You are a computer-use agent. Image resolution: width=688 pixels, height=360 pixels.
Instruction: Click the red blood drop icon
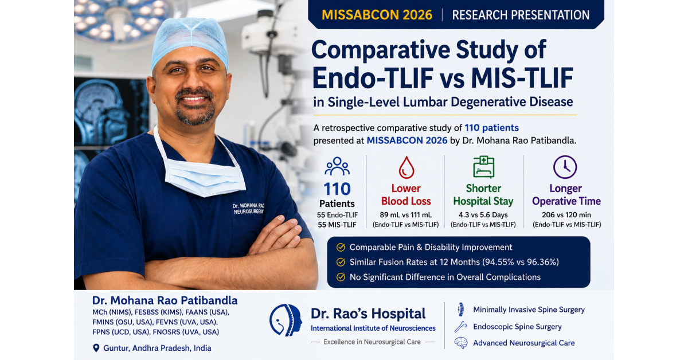click(x=406, y=167)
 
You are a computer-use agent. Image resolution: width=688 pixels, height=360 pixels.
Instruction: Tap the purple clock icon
click(x=565, y=167)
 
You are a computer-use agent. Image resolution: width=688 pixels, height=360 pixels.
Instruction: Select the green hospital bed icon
click(x=484, y=167)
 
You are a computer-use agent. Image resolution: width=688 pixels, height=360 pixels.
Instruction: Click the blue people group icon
click(x=337, y=166)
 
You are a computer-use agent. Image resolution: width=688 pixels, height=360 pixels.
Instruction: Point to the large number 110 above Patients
click(x=337, y=189)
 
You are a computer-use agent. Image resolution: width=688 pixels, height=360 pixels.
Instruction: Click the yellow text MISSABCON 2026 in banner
click(x=377, y=15)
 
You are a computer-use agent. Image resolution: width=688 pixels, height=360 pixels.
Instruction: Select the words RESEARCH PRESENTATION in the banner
click(x=521, y=15)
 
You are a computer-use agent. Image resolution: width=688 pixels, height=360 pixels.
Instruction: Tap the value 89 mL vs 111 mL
click(x=406, y=215)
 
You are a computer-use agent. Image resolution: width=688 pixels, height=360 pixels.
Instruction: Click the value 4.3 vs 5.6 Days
click(x=483, y=215)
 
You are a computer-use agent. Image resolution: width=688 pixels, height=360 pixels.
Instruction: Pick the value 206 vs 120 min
click(x=566, y=215)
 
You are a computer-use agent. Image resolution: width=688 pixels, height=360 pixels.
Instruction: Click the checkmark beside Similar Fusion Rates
click(x=341, y=262)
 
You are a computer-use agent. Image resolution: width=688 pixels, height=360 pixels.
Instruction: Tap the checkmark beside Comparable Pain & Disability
click(x=341, y=247)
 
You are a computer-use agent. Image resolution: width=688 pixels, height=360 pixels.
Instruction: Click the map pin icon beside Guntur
click(x=96, y=348)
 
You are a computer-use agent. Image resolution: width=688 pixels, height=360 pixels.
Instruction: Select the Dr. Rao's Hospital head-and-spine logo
click(x=286, y=320)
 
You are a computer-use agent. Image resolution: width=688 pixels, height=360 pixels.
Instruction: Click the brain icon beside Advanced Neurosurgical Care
click(x=461, y=343)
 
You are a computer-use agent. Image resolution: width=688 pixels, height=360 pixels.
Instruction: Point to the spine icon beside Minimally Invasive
click(x=461, y=310)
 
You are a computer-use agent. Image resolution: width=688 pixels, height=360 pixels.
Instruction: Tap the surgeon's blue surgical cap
click(x=190, y=40)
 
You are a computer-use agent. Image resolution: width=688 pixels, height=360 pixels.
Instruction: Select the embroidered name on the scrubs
click(x=248, y=209)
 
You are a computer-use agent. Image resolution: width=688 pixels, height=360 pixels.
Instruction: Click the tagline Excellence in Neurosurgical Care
click(x=372, y=342)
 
